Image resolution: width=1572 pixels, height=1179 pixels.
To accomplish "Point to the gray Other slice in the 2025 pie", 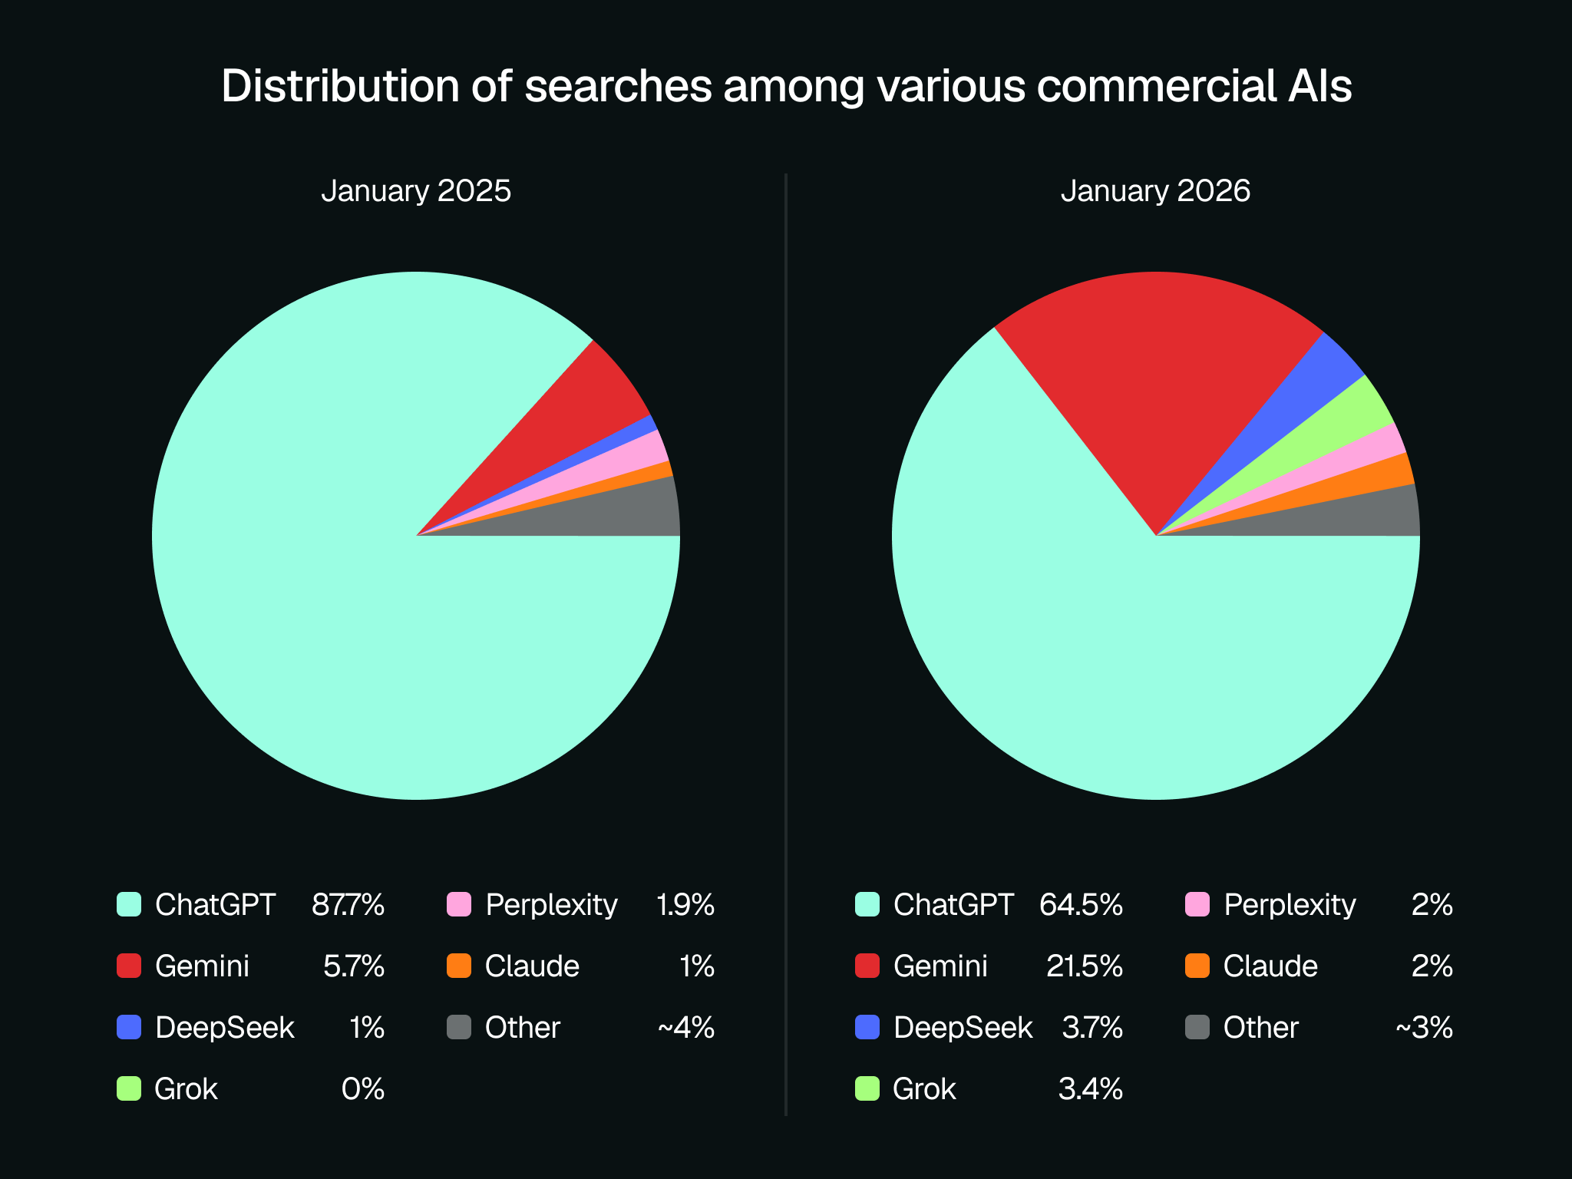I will tap(629, 510).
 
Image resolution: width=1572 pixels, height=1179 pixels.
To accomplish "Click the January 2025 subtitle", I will tap(415, 191).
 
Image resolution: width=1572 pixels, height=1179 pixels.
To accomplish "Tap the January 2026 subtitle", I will tap(1155, 191).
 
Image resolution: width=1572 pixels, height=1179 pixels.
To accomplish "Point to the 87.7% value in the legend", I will tap(348, 905).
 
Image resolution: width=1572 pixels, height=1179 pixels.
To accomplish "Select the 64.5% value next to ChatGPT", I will tap(1081, 905).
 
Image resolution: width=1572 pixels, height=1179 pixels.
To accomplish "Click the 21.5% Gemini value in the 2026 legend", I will tap(1084, 966).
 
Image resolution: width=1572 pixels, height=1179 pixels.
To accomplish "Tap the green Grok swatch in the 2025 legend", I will tap(129, 1088).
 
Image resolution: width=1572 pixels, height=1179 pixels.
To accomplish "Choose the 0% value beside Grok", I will tap(362, 1089).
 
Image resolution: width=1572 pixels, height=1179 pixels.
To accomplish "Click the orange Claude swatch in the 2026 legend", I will tap(1197, 966).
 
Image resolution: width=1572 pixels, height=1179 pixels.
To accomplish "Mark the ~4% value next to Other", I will tap(685, 1028).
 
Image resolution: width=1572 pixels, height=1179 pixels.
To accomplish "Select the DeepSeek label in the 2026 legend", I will tap(963, 1028).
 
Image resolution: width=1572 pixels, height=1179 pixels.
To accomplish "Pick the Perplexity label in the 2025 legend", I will tap(551, 905).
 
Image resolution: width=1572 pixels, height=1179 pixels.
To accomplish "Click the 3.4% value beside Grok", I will tap(1090, 1089).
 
